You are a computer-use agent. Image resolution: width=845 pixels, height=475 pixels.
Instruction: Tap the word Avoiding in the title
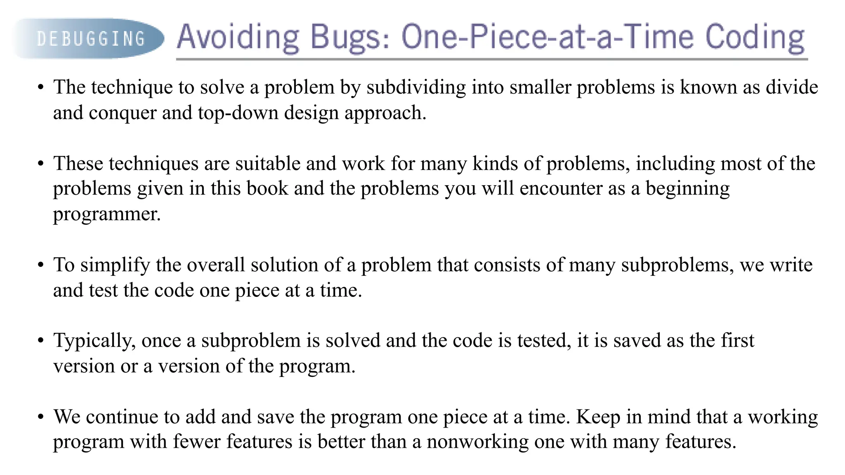(238, 37)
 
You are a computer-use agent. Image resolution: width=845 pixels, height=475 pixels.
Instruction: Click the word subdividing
(416, 87)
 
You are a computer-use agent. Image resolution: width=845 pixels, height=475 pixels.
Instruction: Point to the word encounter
(561, 188)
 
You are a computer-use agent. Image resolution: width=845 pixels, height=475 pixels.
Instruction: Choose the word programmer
(106, 214)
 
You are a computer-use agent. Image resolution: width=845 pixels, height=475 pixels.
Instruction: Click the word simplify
(115, 265)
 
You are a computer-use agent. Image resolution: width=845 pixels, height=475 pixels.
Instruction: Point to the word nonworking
(477, 442)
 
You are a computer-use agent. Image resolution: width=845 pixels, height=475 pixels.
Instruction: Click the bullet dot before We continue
(40, 417)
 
